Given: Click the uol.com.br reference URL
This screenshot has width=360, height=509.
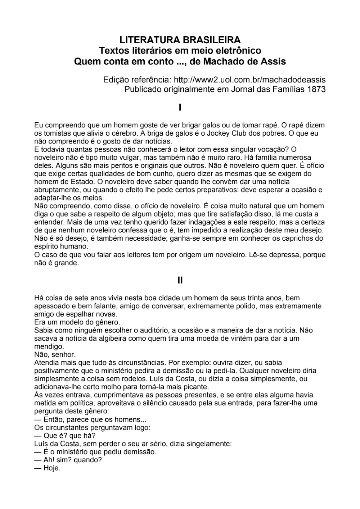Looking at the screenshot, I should [x=249, y=79].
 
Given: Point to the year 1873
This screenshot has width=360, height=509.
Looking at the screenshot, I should [x=316, y=89].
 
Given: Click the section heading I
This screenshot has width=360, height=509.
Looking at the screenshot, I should [x=180, y=107].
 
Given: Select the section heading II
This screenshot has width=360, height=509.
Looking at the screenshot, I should [x=180, y=280].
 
